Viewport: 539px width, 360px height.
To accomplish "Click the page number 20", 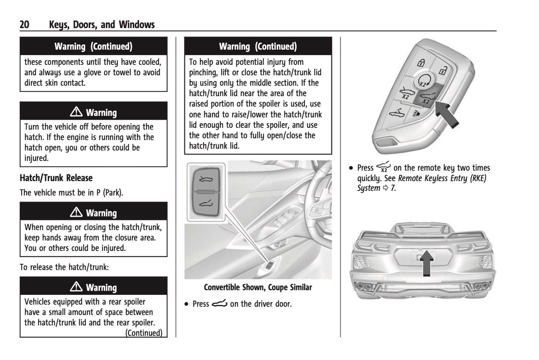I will click(x=24, y=25).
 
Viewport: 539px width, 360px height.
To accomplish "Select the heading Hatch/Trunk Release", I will click(x=56, y=178).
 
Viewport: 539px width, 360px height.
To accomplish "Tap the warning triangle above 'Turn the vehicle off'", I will click(x=76, y=112).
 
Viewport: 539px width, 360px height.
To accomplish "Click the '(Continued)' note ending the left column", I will click(x=144, y=332).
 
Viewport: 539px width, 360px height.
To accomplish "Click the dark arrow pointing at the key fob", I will click(x=448, y=114).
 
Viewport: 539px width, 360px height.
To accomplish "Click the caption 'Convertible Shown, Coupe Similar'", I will click(x=258, y=287).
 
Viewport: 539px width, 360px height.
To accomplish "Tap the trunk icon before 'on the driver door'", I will click(x=219, y=304).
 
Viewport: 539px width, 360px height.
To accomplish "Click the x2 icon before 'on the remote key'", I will click(x=383, y=167).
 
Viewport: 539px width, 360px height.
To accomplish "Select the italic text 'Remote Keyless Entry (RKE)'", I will click(x=442, y=178).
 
